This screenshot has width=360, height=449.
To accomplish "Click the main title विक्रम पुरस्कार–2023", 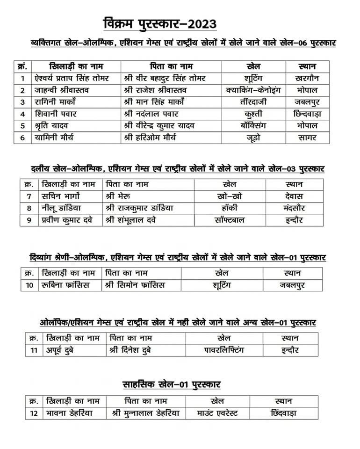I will click(159, 24).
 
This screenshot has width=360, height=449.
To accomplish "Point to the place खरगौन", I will click(307, 78).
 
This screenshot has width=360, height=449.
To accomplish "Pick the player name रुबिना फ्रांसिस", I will click(64, 285).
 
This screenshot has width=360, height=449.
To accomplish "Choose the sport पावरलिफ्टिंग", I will click(224, 350).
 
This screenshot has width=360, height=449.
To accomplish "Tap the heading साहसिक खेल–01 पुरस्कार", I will click(172, 384).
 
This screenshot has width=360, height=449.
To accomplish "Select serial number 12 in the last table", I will click(33, 413).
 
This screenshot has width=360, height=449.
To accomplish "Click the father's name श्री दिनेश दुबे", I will click(130, 350).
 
